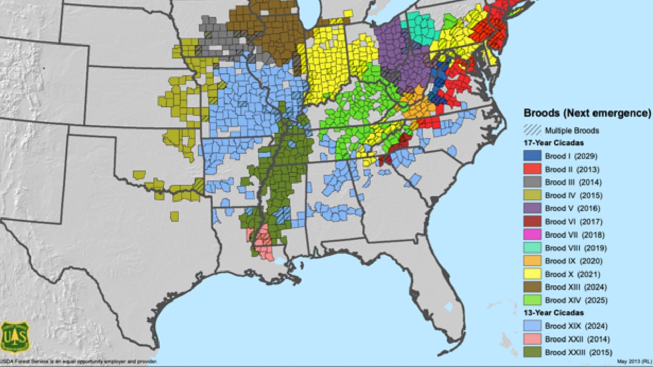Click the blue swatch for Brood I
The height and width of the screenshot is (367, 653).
[532, 156]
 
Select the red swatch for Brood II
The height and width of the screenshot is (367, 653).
[532, 169]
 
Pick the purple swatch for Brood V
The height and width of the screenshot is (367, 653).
[532, 208]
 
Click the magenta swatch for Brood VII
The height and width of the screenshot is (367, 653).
[532, 234]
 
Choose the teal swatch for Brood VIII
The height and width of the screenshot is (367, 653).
[532, 248]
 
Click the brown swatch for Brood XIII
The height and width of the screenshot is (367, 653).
[532, 287]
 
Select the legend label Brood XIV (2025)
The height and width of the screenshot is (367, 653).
[576, 300]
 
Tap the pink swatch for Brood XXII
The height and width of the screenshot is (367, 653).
[532, 339]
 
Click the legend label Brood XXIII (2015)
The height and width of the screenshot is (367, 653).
[578, 352]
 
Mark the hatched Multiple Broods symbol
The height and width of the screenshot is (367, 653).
[532, 130]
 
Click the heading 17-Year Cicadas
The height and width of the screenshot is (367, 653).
[553, 143]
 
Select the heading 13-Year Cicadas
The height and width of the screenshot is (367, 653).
[553, 313]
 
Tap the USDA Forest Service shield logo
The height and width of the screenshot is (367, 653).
[15, 337]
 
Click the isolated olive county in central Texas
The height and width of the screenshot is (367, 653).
[174, 216]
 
